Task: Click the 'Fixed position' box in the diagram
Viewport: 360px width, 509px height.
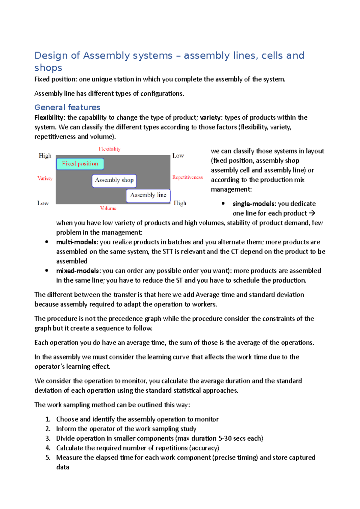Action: tap(80, 164)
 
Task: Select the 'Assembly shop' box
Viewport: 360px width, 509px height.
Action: tap(114, 180)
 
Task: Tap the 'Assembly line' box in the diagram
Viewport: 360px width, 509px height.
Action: tap(148, 195)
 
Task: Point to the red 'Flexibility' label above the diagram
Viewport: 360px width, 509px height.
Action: tap(109, 149)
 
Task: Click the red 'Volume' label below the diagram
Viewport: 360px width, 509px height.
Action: tap(108, 208)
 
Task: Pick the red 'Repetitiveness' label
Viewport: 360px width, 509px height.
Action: tap(187, 177)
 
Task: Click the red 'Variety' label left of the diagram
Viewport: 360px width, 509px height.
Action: tap(45, 178)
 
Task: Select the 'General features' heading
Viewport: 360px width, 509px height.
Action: tap(67, 107)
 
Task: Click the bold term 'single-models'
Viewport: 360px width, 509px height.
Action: tap(254, 204)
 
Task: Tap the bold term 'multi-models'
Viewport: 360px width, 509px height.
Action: tap(77, 242)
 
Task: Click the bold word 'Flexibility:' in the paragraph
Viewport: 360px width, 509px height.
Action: tap(50, 118)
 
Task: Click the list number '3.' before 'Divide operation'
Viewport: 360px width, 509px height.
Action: tap(48, 438)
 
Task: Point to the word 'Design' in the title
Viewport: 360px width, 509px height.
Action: tap(51, 55)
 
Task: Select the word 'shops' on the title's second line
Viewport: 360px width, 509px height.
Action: tap(48, 68)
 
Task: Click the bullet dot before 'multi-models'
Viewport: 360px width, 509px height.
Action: tap(46, 242)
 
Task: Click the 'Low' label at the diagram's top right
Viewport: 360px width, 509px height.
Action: tap(178, 156)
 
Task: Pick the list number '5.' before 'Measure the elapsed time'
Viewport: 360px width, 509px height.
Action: tap(48, 457)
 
